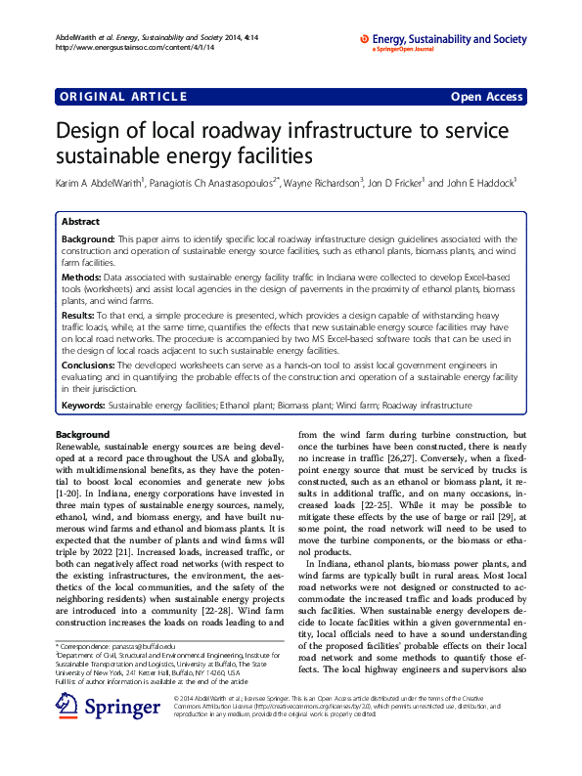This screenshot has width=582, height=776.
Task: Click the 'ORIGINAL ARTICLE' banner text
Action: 123,96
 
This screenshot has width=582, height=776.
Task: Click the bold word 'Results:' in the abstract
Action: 84,317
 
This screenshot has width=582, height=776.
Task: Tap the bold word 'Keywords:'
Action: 84,405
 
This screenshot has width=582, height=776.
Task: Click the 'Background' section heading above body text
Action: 83,434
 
